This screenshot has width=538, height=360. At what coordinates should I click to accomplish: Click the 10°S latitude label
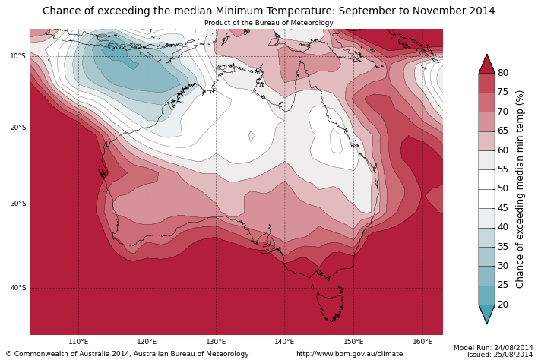click(x=17, y=56)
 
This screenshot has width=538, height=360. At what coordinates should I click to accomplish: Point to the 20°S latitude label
click(x=17, y=128)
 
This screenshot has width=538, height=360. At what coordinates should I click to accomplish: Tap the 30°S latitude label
click(x=17, y=204)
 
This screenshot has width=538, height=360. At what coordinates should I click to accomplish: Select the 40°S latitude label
click(x=17, y=288)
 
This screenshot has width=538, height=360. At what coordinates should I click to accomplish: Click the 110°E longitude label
click(x=78, y=342)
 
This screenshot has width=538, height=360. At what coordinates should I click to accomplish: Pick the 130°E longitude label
click(x=216, y=342)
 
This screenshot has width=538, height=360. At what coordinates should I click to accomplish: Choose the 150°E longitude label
click(x=353, y=342)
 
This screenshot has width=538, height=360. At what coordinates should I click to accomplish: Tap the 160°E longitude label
click(x=422, y=342)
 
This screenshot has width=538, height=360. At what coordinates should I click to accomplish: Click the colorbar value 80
click(x=503, y=73)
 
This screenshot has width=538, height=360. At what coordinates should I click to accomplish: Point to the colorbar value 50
click(x=503, y=188)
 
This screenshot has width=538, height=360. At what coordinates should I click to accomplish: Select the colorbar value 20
click(x=503, y=305)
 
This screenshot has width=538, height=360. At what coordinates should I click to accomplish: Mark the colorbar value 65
click(x=503, y=131)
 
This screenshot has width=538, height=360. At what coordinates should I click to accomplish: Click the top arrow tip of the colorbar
click(x=486, y=55)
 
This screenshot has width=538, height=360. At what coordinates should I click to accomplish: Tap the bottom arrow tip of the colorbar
click(x=486, y=323)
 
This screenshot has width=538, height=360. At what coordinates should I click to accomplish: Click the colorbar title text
click(x=521, y=189)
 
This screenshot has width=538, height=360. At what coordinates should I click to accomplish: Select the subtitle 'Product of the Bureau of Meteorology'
click(x=268, y=23)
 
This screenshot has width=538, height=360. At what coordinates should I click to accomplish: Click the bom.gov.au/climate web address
click(x=350, y=354)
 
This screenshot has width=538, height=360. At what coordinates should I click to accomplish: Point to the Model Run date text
click(x=493, y=348)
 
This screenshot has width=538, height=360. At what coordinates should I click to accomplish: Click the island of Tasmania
click(x=330, y=305)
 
